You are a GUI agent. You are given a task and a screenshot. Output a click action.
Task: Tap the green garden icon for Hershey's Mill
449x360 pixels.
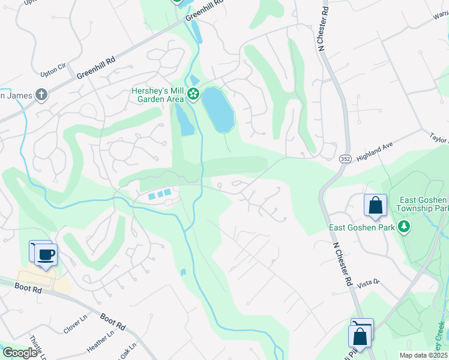193,94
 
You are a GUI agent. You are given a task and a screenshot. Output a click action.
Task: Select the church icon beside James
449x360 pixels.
41,95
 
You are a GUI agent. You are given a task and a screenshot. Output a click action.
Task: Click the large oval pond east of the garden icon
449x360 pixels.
217,110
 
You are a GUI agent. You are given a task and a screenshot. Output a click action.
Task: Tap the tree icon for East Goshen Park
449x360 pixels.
405,227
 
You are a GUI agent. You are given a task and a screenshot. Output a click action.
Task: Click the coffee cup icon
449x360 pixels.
46,254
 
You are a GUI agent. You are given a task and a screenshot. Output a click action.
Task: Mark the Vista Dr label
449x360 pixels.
369,283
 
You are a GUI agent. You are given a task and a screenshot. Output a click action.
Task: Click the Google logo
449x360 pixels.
20,353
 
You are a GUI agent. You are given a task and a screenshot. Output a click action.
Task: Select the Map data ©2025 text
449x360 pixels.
423,355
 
